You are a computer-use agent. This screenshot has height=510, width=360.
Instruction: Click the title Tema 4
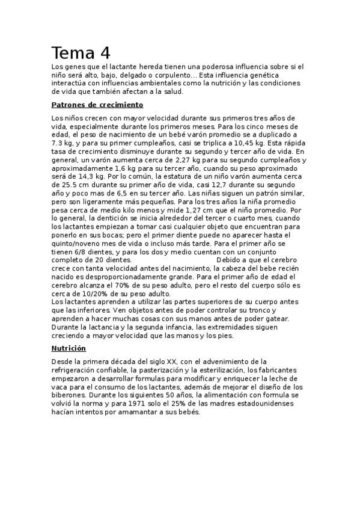[81, 53]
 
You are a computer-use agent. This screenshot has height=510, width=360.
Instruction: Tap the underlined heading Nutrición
[69, 348]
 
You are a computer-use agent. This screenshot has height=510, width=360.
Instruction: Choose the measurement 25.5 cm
[66, 186]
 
